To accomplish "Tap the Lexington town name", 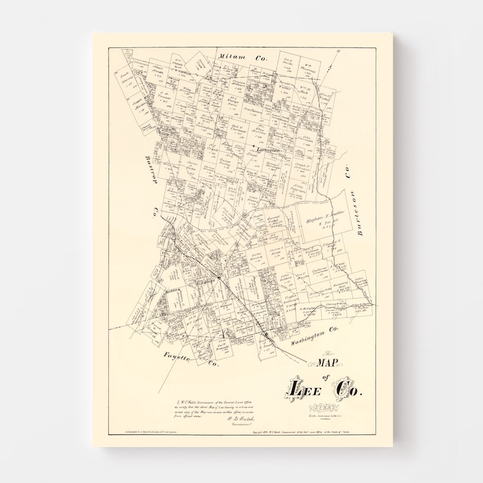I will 268,149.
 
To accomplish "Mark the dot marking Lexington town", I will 254,146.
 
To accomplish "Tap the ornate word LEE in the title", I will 305,388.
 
